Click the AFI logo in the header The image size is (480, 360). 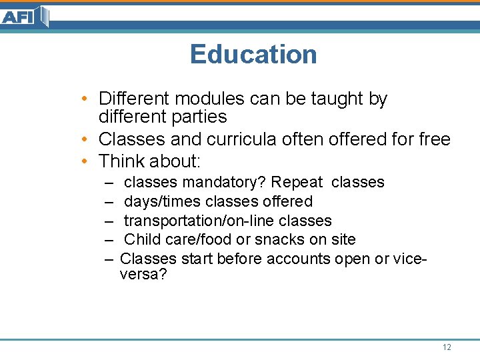coord(25,16)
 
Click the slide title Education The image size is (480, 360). coord(253,55)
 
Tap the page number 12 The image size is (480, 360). coord(447,347)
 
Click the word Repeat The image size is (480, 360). coord(297,182)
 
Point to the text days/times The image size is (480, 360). coord(163,201)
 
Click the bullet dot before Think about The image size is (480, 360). coord(87,161)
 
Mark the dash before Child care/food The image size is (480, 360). coord(109,239)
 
